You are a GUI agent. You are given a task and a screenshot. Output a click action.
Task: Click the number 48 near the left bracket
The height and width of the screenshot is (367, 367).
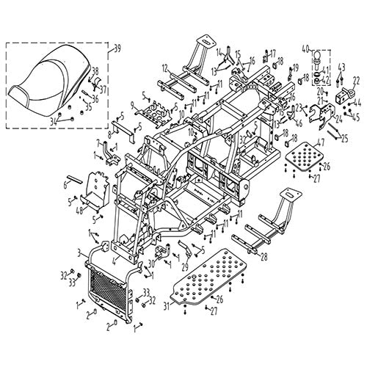pos(79,209)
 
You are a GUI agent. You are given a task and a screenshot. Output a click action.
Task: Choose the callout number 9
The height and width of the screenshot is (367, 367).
pos(132,106)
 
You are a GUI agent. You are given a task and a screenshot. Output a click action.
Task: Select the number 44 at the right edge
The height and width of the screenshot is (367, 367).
pos(357,104)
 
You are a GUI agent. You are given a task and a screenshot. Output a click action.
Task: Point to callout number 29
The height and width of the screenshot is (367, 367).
pos(185,266)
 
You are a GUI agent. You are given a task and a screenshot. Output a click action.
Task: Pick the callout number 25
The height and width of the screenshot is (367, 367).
pos(345,137)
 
